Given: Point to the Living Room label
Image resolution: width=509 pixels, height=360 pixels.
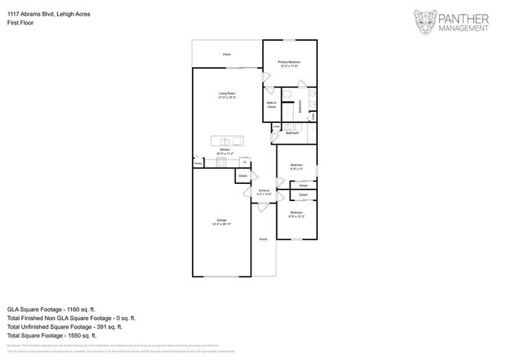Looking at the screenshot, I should click(227, 95).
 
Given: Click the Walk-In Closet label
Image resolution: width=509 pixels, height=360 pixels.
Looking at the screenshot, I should click(271, 104).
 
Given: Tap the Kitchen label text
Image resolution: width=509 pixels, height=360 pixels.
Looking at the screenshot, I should click(225, 151).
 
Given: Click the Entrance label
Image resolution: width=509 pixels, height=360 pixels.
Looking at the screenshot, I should click(264, 192).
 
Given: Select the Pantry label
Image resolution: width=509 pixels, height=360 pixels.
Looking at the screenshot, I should click(198, 164).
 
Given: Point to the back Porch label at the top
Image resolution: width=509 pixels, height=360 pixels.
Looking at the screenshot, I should click(227, 55).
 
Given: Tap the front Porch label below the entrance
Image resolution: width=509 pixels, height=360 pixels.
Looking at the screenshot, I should click(263, 239).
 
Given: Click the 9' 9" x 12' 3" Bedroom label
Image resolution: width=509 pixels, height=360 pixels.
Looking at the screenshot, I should click(297, 214).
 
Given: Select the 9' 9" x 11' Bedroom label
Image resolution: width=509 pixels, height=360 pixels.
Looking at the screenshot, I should click(297, 166).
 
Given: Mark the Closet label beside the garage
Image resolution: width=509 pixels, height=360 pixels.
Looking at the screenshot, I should click(243, 177).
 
